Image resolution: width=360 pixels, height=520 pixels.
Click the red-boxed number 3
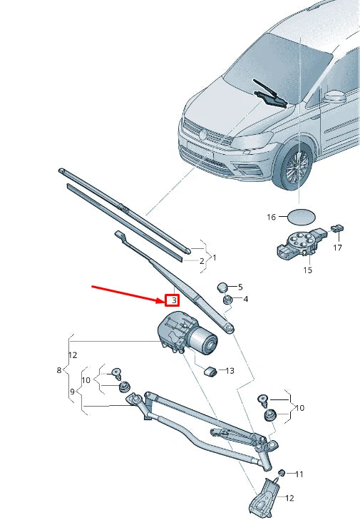pos(173,301)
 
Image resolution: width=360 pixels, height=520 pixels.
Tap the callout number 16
pos(271,216)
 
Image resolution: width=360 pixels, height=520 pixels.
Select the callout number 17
pos(337,248)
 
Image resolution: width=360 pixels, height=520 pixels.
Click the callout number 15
pos(307,270)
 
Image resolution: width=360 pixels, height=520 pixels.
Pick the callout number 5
pos(240,286)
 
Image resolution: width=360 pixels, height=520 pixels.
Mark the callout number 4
pos(245,299)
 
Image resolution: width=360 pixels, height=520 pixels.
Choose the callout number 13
pos(230,371)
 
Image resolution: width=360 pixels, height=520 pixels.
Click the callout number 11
pos(299,474)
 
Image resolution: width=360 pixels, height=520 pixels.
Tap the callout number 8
pos(59,370)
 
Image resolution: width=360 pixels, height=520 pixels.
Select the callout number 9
pos(72,392)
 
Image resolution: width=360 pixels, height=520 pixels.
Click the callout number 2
pos(202,261)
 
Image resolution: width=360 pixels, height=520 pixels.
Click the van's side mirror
pos(333,96)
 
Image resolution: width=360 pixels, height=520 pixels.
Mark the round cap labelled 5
pos(223,286)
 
